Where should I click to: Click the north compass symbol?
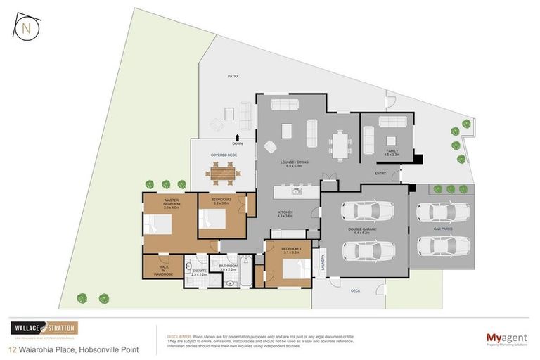tap(25, 27)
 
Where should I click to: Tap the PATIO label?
tap(232, 75)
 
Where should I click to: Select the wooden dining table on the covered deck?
tap(221, 171)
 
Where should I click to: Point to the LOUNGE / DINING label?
tap(289, 166)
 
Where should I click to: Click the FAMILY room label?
tap(392, 151)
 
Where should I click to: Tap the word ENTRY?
tap(380, 173)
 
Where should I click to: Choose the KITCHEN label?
tap(284, 214)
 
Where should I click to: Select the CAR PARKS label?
tap(442, 229)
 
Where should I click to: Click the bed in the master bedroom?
tap(157, 224)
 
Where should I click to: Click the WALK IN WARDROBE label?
tap(163, 269)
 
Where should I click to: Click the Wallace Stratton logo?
tap(44, 328)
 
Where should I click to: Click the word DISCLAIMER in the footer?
tap(179, 336)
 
